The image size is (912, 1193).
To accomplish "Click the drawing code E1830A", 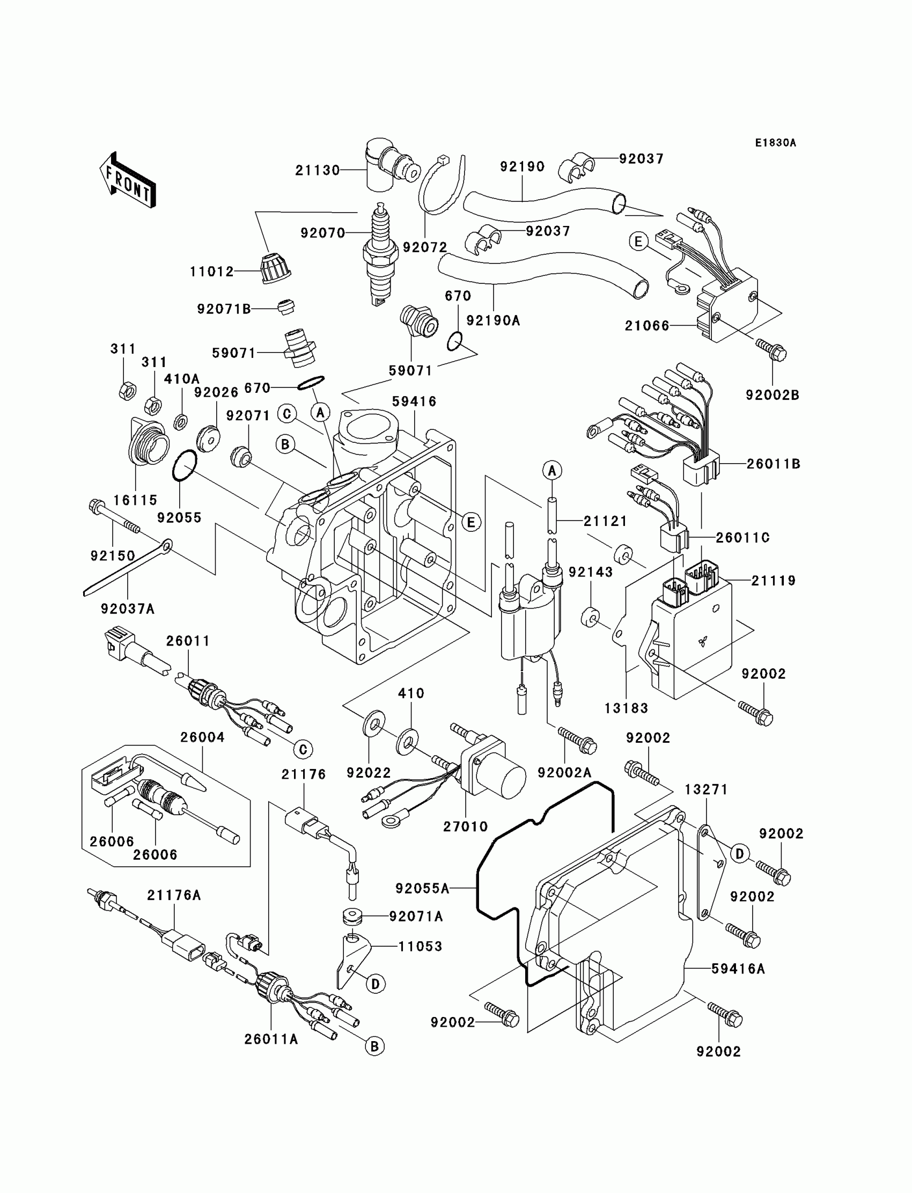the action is (x=775, y=143).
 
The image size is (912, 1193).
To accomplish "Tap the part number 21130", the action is (x=318, y=171).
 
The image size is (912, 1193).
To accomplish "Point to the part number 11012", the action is (x=212, y=272).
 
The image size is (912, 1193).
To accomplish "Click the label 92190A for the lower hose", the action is (x=494, y=321).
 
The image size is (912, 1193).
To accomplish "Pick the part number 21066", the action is (x=647, y=326).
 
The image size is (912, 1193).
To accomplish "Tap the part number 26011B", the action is (x=774, y=464).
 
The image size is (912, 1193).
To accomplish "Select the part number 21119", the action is (x=774, y=581).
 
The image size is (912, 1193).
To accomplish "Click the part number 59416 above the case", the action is (x=415, y=402).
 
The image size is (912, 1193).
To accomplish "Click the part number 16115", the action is (x=135, y=500).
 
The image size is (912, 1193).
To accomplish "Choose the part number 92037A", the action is (x=128, y=609).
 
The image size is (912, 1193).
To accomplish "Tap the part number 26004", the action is (x=202, y=737).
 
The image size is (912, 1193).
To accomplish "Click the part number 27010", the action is (x=465, y=826).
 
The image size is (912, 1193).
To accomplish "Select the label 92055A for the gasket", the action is (x=422, y=889).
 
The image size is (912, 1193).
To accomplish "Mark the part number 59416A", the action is (x=738, y=969).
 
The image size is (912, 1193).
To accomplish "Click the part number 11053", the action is (x=420, y=947).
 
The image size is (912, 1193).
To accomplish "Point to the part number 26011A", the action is (x=271, y=1040).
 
